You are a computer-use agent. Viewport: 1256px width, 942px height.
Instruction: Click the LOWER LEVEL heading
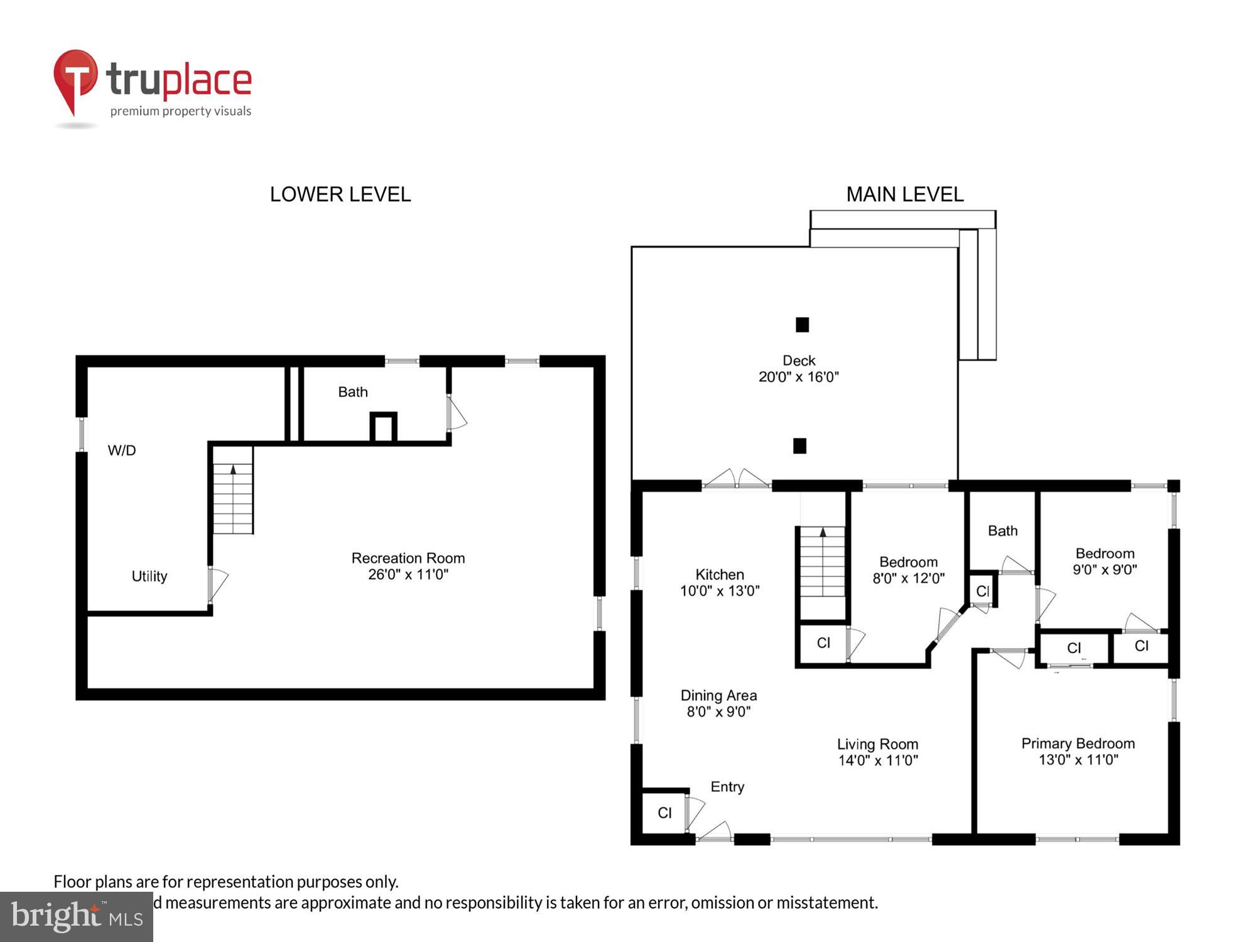tap(340, 195)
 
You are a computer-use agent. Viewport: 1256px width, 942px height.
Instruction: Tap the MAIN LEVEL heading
tap(904, 195)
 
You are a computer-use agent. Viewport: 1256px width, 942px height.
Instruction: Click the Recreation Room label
tap(408, 566)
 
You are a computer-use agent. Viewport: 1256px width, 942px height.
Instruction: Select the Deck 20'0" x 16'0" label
tap(798, 369)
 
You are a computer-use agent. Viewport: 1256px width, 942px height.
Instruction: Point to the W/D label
tap(122, 450)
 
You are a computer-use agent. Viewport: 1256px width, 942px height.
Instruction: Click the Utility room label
tap(149, 576)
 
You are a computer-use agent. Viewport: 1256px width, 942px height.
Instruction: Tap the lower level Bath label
tap(352, 392)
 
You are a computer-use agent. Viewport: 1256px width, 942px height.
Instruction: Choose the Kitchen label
tap(720, 582)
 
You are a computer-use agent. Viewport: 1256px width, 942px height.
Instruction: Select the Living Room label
tap(877, 752)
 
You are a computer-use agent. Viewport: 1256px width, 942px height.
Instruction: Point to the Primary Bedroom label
tap(1078, 751)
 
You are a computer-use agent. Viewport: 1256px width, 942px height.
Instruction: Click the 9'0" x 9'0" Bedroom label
tap(1105, 561)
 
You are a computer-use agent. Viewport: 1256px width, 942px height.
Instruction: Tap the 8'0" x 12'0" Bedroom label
tap(908, 570)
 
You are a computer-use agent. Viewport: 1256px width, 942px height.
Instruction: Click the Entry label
tap(727, 787)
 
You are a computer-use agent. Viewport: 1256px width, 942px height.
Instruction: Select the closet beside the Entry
tap(664, 813)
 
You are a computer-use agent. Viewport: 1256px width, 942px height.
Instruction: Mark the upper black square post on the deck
tap(802, 325)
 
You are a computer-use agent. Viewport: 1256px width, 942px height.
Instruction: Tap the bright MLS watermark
tap(77, 917)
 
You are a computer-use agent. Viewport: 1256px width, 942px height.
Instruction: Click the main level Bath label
tap(1002, 531)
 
